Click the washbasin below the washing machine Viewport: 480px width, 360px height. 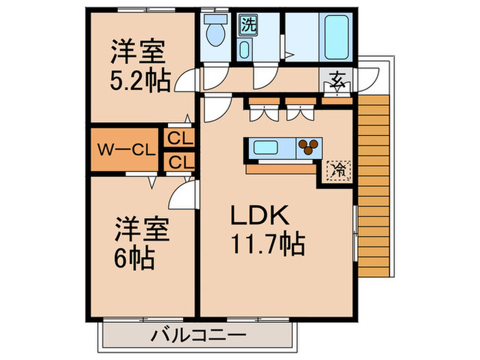245,50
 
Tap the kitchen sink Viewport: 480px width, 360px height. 267,146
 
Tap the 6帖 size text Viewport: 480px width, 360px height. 134,259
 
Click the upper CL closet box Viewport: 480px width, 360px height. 180,137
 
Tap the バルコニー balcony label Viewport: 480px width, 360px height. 197,335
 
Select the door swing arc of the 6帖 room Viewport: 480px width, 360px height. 182,197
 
